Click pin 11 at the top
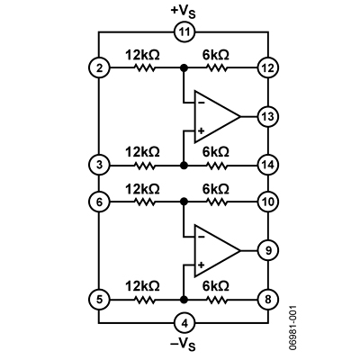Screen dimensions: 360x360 184,31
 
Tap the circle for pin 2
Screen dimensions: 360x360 99,68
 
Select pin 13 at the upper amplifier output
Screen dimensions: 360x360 268,116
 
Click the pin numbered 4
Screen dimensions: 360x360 184,323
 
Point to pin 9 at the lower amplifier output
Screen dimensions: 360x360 268,250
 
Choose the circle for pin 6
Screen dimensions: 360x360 99,202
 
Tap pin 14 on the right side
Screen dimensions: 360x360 268,165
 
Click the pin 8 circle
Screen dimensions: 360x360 268,300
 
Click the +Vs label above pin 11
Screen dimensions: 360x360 183,12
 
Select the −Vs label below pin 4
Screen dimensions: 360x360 183,344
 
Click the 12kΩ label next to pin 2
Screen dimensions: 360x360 142,55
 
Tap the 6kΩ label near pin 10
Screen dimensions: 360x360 216,189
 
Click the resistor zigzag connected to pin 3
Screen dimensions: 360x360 145,166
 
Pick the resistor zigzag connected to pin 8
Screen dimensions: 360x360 217,300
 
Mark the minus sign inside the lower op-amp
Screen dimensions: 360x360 202,237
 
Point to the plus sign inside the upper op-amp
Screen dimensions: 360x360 202,130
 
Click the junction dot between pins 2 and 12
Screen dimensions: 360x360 184,68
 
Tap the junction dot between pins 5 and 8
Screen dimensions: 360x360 184,300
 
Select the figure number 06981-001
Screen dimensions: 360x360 293,328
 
